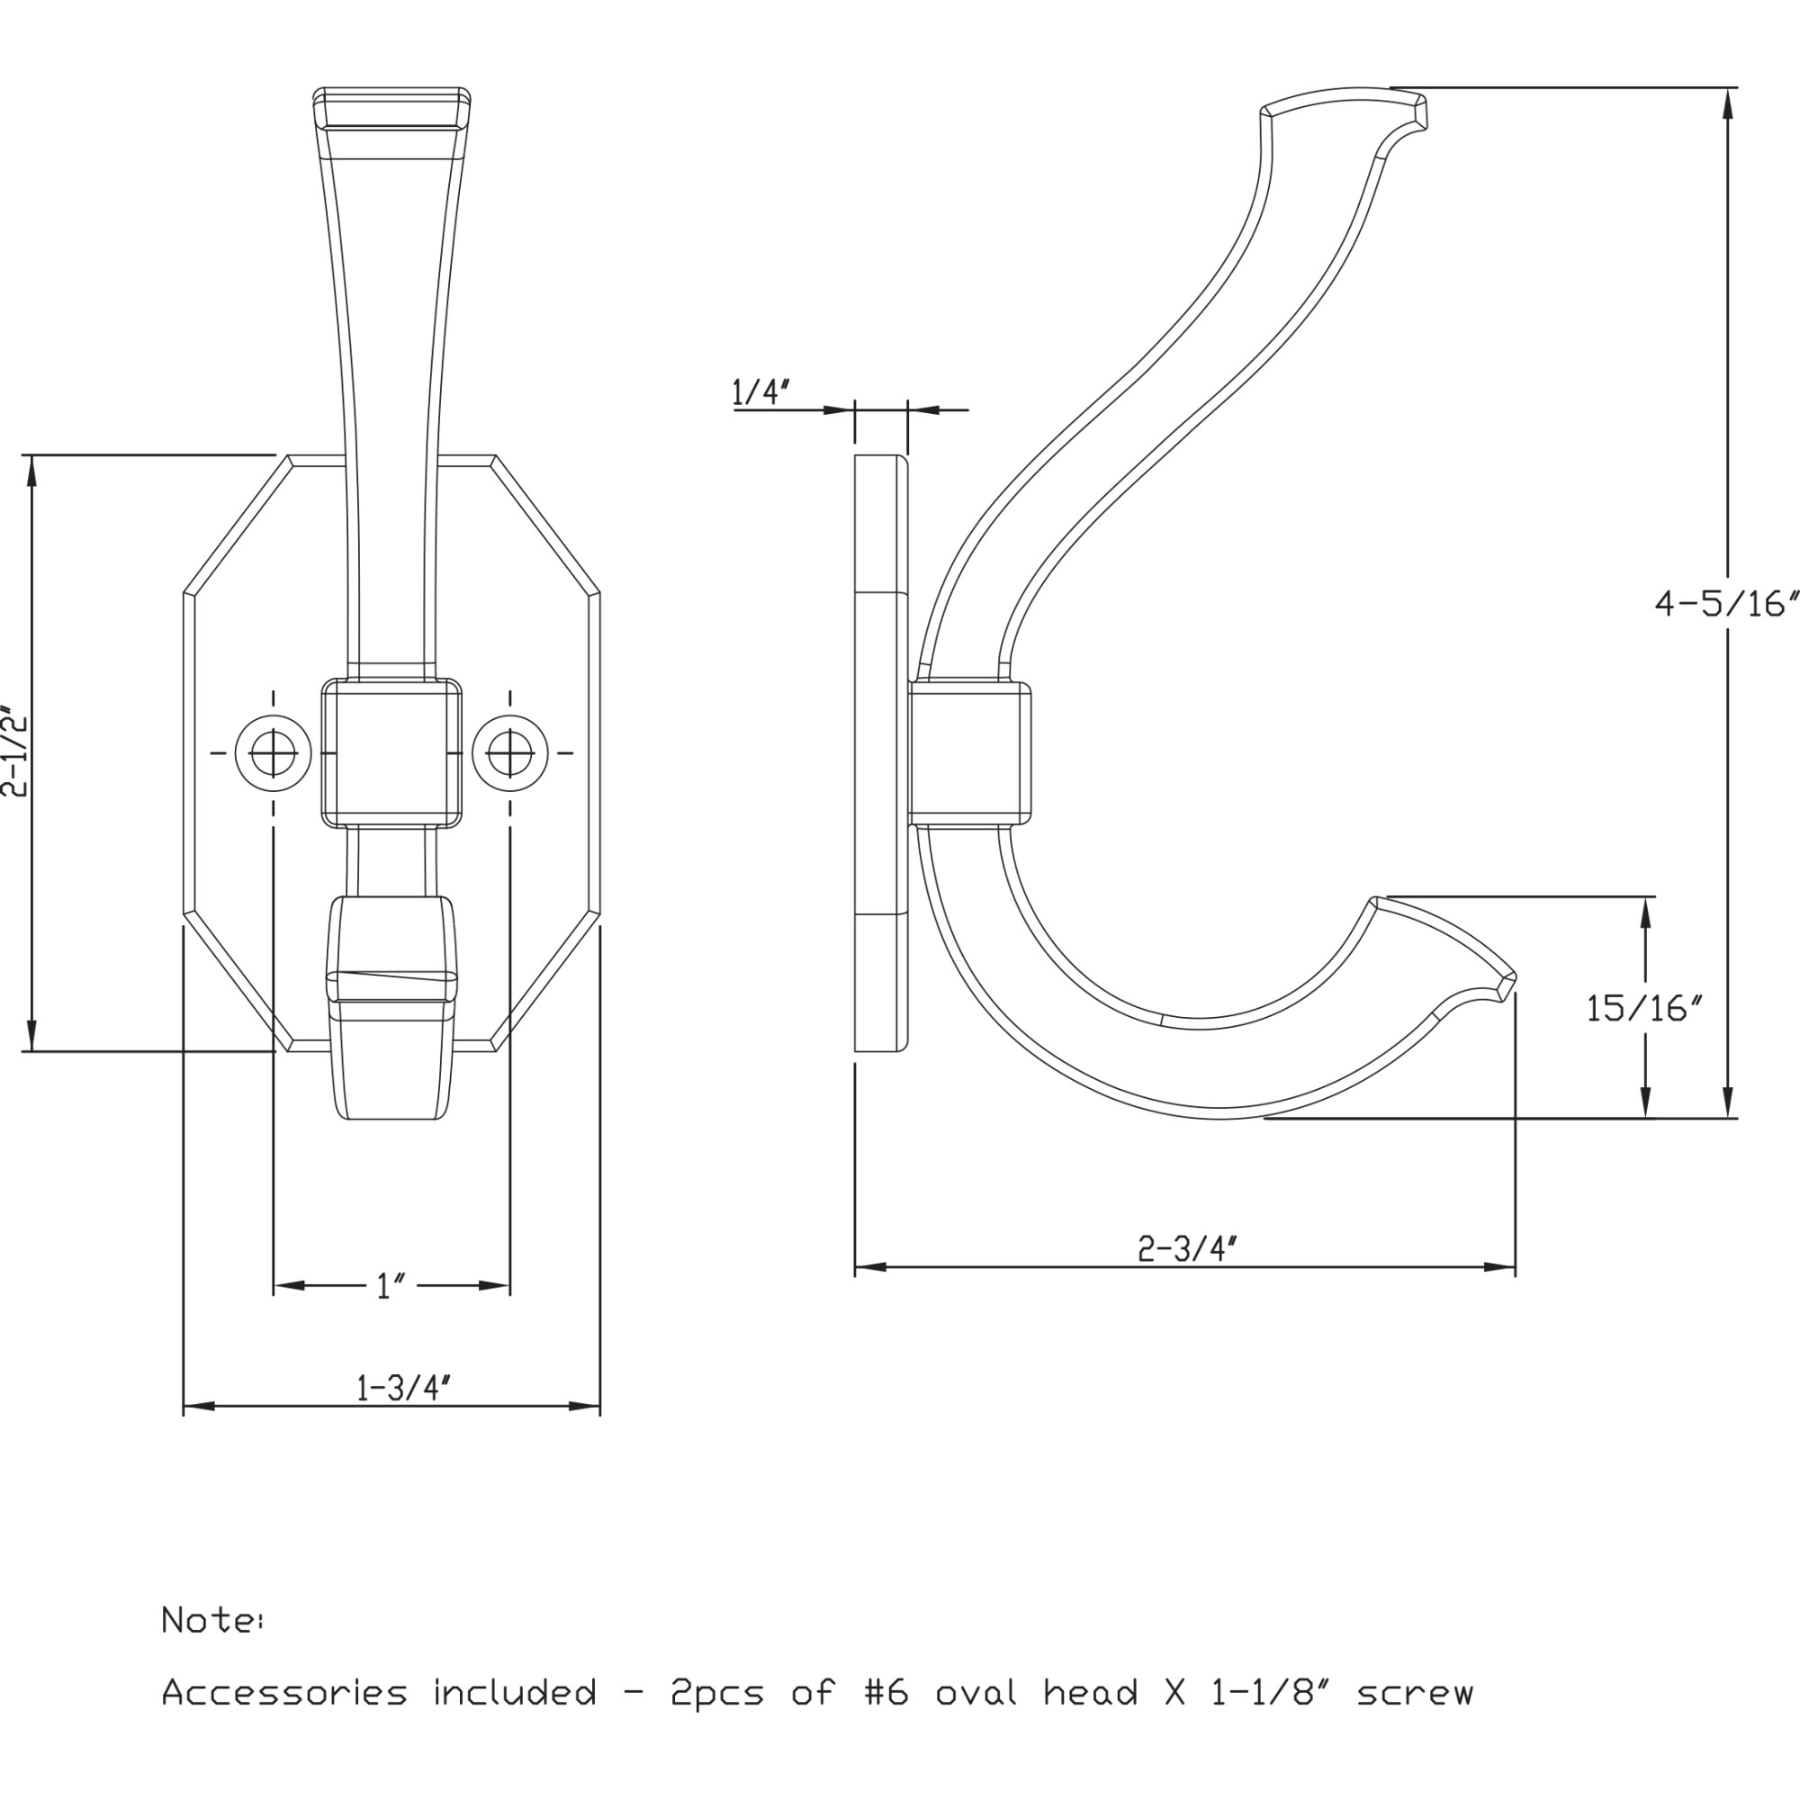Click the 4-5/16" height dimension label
(x=1725, y=604)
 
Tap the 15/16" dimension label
(x=1644, y=1008)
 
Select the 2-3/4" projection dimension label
(x=1187, y=1247)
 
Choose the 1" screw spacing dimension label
(x=391, y=1287)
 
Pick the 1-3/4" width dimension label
(x=403, y=1387)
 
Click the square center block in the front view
(x=391, y=752)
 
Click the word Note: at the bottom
(x=212, y=1620)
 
